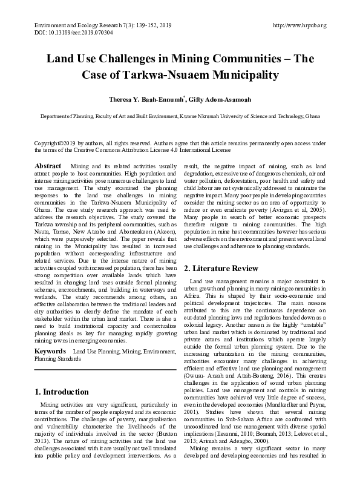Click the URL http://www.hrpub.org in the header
(300, 25)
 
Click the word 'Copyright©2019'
(53, 143)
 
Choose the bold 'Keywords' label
(50, 334)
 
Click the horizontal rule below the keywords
(104, 352)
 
